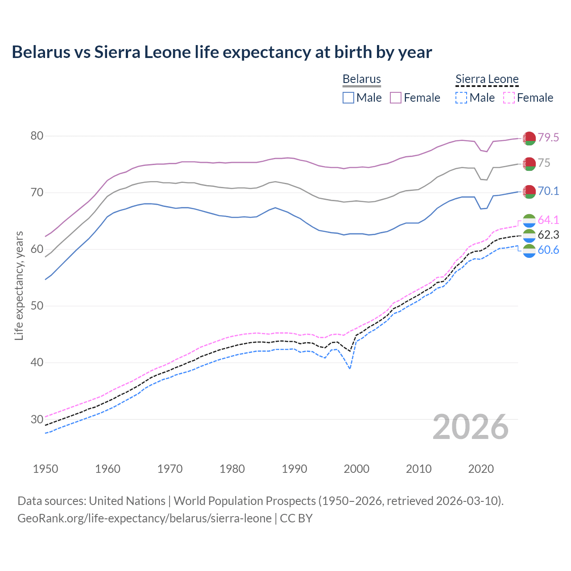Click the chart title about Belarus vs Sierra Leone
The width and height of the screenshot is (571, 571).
[x=222, y=52]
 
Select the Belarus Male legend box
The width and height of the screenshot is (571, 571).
[x=348, y=98]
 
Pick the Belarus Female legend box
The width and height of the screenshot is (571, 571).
[x=396, y=98]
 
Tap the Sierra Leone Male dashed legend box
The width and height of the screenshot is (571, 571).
[x=461, y=98]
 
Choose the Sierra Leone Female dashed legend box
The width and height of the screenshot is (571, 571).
[x=509, y=98]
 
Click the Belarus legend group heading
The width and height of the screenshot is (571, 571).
[x=361, y=79]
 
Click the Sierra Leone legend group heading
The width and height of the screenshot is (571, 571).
[x=487, y=79]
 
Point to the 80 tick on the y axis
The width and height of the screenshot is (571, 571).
[x=37, y=136]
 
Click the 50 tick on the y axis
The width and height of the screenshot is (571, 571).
[x=37, y=306]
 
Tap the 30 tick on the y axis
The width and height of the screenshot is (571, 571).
[x=37, y=419]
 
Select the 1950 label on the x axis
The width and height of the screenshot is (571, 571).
[x=46, y=469]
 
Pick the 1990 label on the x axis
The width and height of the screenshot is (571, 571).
[x=294, y=469]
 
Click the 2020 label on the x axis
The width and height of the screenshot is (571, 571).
[x=481, y=469]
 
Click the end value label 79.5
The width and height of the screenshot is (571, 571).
[x=548, y=138]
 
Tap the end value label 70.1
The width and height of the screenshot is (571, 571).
[x=548, y=191]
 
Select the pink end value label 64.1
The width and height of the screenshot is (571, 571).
[x=548, y=220]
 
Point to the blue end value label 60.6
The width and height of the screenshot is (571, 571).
[x=548, y=250]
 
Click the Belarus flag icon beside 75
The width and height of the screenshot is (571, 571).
[x=529, y=164]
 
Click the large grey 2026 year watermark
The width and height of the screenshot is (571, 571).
[x=470, y=427]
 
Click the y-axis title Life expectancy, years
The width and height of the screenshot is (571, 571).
[x=19, y=285]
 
